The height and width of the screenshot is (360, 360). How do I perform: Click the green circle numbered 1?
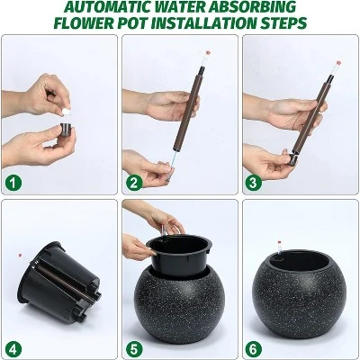13,183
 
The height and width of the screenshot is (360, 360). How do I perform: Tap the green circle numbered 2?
134,183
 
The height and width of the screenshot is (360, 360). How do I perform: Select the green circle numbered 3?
254,183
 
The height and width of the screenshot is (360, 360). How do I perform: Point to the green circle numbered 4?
13,349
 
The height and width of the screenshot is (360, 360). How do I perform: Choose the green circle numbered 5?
134,349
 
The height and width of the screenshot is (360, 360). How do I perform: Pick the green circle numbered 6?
254,349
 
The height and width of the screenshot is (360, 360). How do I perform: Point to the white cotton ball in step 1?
66,112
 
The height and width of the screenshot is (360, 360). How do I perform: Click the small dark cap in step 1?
67,129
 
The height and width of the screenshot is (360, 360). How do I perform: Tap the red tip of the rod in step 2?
208,54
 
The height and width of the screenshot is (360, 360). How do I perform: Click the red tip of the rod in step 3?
338,63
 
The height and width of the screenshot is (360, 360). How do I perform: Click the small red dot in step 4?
20,256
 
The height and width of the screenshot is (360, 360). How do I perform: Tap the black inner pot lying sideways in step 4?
58,282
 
